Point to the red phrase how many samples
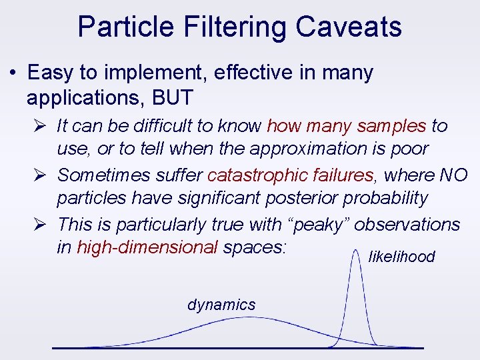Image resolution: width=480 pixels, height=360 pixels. (346, 125)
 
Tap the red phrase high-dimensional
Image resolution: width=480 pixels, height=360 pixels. (147, 247)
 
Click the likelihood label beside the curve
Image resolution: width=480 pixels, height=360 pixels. (401, 257)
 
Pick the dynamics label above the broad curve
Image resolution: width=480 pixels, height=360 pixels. (221, 305)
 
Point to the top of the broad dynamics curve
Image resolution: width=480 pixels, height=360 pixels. (247, 318)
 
